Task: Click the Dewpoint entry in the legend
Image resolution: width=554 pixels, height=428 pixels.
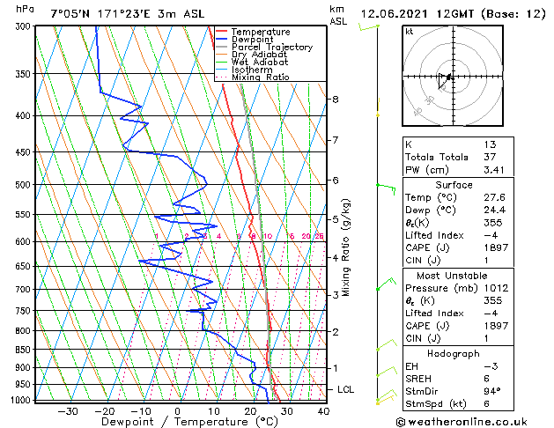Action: coord(261,40)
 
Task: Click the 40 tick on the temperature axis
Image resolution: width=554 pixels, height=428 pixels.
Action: coord(323,411)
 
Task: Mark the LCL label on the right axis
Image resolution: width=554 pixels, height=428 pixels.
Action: coord(347,389)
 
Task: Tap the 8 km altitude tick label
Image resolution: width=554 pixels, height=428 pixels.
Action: coord(335,100)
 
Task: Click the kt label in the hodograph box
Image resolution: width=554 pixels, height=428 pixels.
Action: coord(410,32)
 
